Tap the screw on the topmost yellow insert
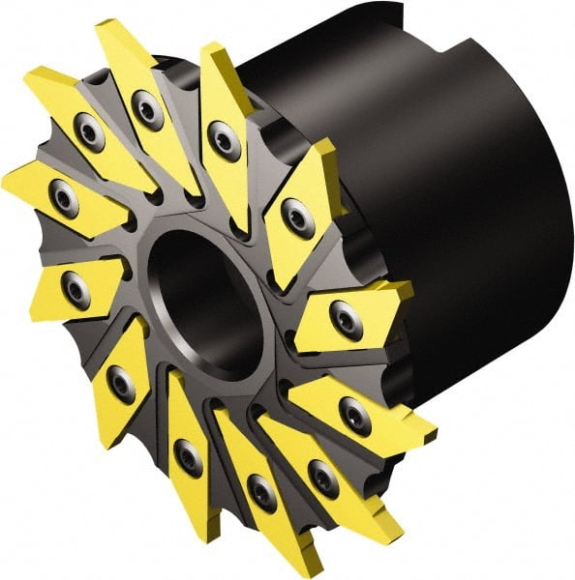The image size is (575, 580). [x=148, y=108]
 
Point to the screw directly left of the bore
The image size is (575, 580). [x=76, y=287]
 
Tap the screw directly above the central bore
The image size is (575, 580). [x=225, y=142]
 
